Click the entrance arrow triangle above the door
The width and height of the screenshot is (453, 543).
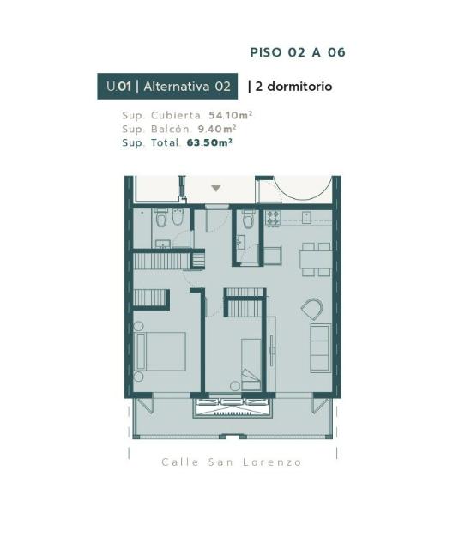point(216,189)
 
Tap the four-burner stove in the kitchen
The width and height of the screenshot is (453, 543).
point(273,218)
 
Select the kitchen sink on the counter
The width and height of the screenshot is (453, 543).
point(306,218)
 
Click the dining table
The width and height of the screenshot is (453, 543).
point(316,260)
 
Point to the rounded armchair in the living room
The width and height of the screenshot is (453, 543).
point(312,309)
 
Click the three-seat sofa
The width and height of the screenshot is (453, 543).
point(320,348)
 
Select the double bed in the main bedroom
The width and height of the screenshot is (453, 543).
point(160,351)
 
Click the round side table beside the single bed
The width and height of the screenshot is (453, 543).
point(235,386)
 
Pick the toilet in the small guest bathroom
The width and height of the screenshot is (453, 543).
point(248,219)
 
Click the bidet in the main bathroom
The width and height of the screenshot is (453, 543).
point(178,217)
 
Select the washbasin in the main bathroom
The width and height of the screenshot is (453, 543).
point(162,244)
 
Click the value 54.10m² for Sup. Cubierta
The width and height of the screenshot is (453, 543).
point(230,115)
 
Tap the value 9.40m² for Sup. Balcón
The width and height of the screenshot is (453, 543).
point(217,129)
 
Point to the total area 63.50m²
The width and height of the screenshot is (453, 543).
point(209,142)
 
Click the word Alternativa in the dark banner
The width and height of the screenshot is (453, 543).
point(177,87)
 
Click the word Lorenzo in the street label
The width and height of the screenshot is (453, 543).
point(272,462)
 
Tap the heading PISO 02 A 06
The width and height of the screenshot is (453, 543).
point(298,52)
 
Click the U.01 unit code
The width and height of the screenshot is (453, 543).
point(118,87)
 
